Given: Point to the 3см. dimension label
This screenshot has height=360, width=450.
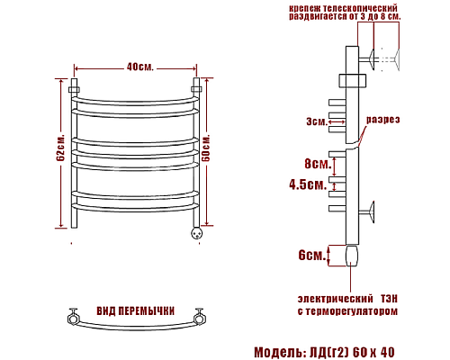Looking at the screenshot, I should pyautogui.click(x=316, y=121).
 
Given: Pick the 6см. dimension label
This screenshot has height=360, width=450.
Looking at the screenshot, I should pyautogui.click(x=311, y=255).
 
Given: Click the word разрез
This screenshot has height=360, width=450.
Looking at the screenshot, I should pyautogui.click(x=382, y=120).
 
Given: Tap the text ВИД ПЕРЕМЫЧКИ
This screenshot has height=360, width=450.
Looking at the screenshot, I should pyautogui.click(x=135, y=310).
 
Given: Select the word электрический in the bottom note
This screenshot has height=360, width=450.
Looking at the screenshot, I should pyautogui.click(x=334, y=296).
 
